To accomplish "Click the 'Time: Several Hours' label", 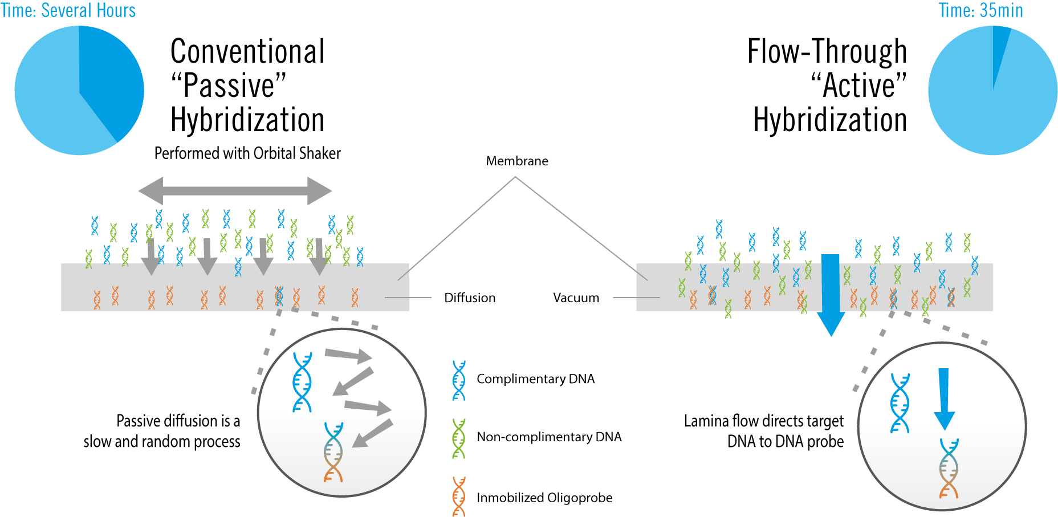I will (68, 10).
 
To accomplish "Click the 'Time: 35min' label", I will (980, 10).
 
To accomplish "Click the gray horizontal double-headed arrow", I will (235, 191).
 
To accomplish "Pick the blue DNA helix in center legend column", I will (459, 380).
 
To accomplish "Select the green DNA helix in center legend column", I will (459, 438).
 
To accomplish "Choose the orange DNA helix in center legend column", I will (459, 496).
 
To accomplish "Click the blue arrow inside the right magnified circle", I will (944, 399).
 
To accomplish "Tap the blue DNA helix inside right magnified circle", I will (900, 403).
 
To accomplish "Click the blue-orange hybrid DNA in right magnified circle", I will (949, 468).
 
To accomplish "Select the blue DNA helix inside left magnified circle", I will (302, 382).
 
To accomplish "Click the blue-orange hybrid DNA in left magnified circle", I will (333, 452).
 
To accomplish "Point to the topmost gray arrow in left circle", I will (348, 356).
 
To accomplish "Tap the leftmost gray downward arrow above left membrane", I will (150, 257).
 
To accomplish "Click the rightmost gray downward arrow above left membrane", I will (319, 257).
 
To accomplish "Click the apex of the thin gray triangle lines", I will (515, 177).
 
